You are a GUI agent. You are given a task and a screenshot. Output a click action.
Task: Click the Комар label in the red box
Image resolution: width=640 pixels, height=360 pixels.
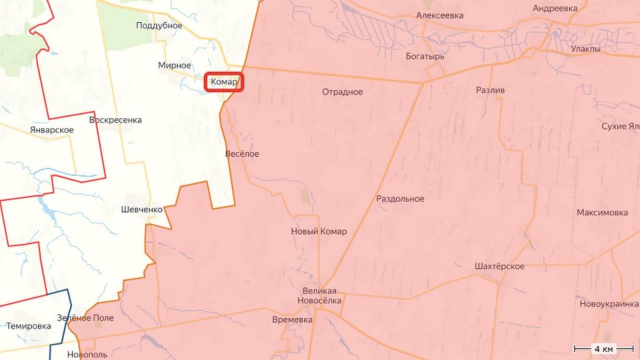coord(223,82)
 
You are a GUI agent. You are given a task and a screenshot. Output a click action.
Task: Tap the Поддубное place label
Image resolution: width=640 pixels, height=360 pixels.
coord(159,25)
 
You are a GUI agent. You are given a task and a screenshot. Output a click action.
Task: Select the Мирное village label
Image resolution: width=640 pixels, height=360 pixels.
coord(175,65)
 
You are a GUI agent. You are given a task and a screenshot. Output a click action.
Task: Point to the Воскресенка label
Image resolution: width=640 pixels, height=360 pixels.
coord(115,120)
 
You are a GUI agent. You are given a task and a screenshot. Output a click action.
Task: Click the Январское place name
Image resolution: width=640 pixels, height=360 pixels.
coord(52,129)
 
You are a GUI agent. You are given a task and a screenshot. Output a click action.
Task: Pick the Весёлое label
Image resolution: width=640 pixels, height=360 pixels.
coord(243,154)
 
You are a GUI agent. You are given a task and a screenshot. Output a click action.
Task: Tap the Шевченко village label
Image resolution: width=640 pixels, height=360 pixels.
coord(142,209)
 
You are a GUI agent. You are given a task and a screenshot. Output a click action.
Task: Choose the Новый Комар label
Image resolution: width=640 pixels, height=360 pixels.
coord(319,231)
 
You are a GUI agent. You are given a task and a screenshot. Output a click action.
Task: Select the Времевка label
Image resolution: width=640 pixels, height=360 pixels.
coord(293,320)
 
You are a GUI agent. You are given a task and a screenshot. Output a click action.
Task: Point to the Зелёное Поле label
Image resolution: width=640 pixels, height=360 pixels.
coord(85,318)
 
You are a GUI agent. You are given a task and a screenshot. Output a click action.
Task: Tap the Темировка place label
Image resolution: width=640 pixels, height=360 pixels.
coord(29,327)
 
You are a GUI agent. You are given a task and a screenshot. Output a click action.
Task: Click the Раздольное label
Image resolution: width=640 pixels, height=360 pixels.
coord(400,199)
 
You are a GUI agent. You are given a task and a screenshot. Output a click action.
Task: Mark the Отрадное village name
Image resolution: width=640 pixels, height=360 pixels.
coord(342,92)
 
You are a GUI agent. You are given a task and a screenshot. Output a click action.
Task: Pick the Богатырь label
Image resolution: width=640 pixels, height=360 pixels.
coord(425,57)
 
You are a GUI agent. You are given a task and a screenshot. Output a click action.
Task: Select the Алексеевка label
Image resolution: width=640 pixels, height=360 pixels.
coord(440,15)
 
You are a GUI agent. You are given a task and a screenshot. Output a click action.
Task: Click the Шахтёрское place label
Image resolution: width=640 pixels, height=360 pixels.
coord(500,267)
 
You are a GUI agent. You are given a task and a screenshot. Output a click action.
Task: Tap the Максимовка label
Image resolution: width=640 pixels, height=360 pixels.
coord(602,213)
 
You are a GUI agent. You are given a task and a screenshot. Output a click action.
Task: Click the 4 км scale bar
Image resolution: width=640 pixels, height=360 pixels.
coord(603,349)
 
